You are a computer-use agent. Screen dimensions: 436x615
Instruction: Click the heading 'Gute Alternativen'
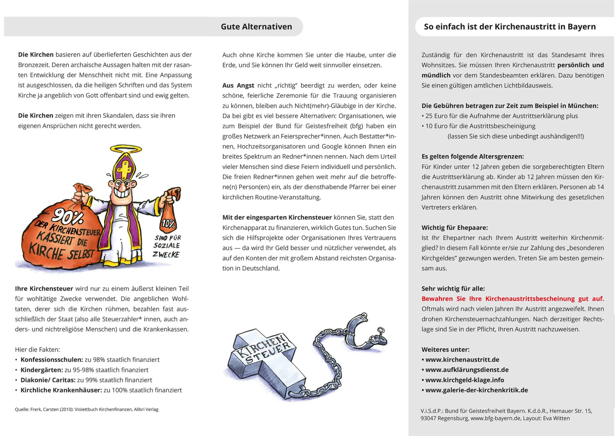tap(256, 27)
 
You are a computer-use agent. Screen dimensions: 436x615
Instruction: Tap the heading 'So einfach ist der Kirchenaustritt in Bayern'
tap(510, 27)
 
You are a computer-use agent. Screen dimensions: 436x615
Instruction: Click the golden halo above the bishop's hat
tap(126, 149)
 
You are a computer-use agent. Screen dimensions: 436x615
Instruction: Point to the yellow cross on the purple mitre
tap(124, 167)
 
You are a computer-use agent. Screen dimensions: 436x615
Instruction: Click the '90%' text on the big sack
tap(68, 217)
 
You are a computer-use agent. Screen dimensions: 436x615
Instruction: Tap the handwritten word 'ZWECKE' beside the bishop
tap(166, 254)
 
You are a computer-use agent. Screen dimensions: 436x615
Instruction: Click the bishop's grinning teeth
tap(123, 193)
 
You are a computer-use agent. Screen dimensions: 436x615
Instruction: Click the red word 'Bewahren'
tap(437, 299)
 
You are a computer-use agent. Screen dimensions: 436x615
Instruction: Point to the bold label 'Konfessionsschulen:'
tap(52, 359)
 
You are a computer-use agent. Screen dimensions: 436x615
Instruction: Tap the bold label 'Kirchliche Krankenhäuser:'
tap(61, 390)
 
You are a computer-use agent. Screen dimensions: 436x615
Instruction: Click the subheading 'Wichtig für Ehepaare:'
tap(455, 228)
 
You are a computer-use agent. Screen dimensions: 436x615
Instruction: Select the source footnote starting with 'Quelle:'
tap(86, 409)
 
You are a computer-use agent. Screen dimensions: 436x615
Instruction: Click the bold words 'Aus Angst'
tap(238, 85)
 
